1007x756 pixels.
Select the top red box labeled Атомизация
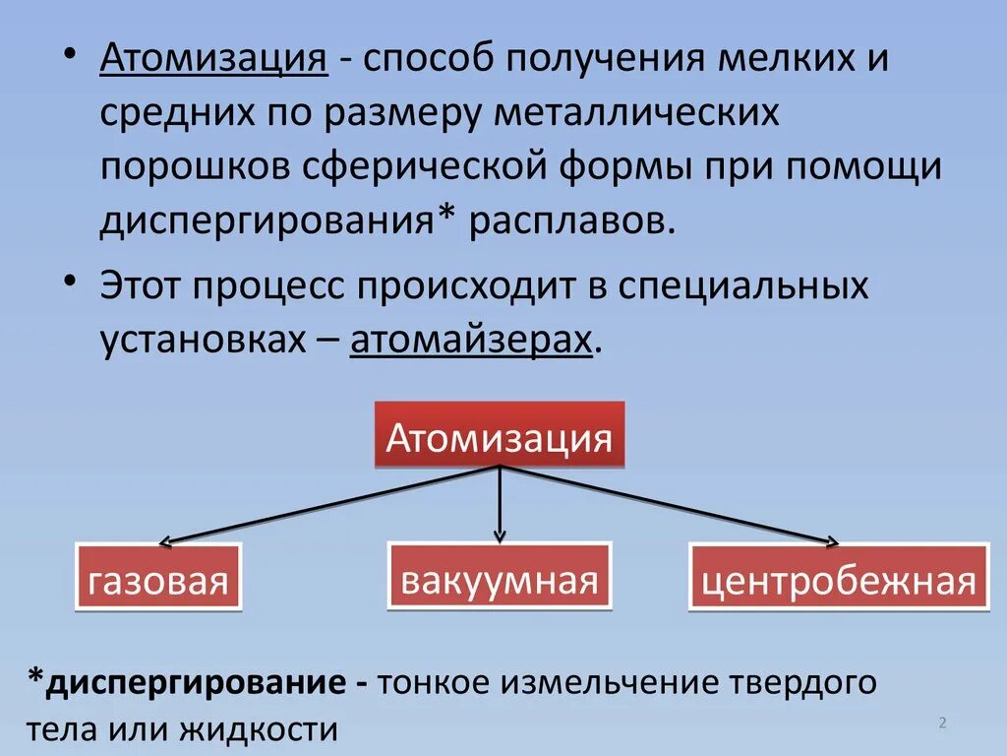(x=500, y=436)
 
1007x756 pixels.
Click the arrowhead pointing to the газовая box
(x=166, y=540)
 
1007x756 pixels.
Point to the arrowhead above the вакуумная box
(x=501, y=535)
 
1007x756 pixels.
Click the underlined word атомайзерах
(x=472, y=340)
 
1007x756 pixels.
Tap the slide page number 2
(x=942, y=724)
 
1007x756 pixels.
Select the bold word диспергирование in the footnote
(x=186, y=682)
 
